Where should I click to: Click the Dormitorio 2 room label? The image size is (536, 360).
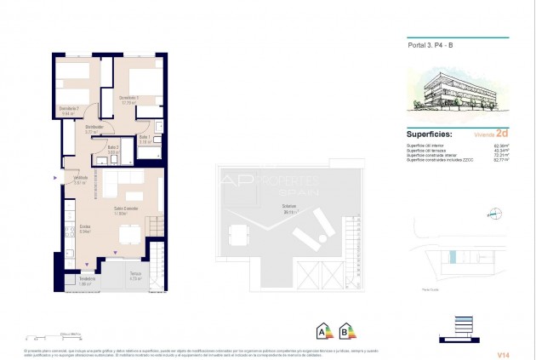pyautogui.click(x=70, y=109)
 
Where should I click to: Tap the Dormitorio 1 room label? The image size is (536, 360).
pyautogui.click(x=129, y=98)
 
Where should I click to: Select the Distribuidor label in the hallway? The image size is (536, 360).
pyautogui.click(x=94, y=129)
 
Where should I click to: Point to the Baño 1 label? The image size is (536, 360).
pyautogui.click(x=144, y=139)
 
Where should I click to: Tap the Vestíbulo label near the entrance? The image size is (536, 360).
pyautogui.click(x=79, y=179)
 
